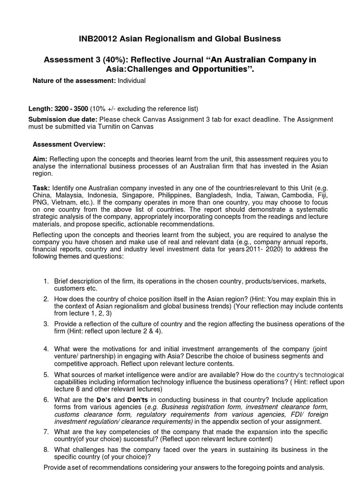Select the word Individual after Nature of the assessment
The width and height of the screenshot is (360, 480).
132,81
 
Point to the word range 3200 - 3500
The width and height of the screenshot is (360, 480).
72,109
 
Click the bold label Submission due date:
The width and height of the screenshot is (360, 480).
63,119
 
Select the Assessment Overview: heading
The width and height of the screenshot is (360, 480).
69,144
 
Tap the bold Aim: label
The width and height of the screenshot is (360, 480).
40,159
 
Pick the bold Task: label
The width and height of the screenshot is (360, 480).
42,187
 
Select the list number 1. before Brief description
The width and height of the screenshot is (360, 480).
46,281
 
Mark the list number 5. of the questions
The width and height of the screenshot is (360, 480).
46,375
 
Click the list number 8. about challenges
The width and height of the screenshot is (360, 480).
46,450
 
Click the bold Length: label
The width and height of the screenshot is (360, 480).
40,109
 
